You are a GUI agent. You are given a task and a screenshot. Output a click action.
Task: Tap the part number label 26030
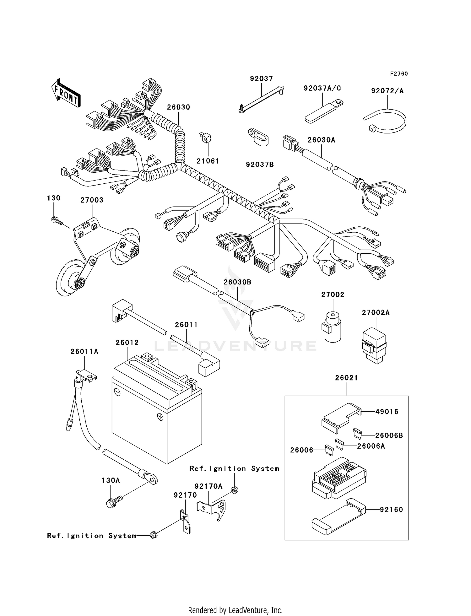point(178,107)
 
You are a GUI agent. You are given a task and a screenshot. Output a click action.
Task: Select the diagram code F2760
point(399,74)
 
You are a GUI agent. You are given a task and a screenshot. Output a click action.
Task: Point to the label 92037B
point(260,165)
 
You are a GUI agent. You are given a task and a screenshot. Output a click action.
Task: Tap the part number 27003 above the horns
point(92,200)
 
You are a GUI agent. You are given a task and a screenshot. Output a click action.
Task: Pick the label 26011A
point(84,352)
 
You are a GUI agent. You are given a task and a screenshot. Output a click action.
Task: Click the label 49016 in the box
point(387,412)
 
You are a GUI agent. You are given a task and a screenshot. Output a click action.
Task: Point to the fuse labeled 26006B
point(357,434)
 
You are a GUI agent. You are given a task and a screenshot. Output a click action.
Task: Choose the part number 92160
point(391,510)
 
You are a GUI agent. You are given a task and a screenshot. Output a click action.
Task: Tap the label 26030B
point(237,282)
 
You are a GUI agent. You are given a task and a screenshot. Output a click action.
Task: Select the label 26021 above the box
point(346,378)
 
